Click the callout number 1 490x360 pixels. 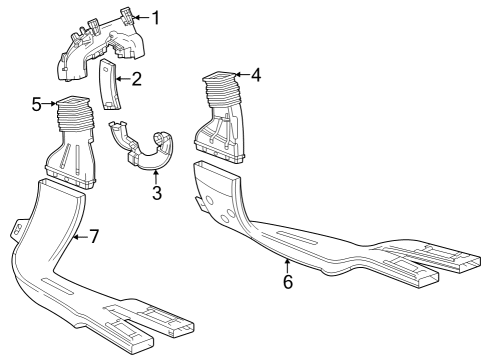(x=155, y=17)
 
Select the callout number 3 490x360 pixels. (x=157, y=193)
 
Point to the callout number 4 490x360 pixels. (x=256, y=75)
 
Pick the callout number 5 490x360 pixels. (x=37, y=103)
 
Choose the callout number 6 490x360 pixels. (x=288, y=282)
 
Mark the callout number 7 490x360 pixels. (x=94, y=236)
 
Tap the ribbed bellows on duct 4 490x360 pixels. (x=222, y=96)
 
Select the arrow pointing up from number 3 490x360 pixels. (x=157, y=176)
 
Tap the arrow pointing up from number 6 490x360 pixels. (x=288, y=265)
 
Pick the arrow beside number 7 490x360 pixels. (x=80, y=236)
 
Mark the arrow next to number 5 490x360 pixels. (x=50, y=103)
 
